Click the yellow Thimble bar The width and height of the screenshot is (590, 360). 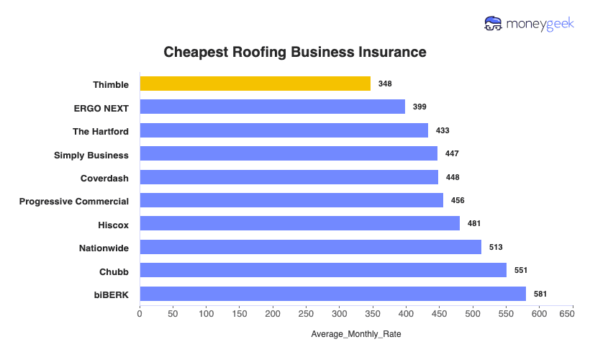pyautogui.click(x=255, y=84)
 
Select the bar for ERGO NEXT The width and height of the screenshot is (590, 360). pyautogui.click(x=272, y=107)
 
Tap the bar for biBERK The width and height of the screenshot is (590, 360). pyautogui.click(x=332, y=294)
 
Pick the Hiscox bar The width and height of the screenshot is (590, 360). pyautogui.click(x=299, y=224)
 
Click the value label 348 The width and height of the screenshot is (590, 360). pyautogui.click(x=385, y=84)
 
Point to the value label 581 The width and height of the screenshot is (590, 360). pyautogui.click(x=540, y=294)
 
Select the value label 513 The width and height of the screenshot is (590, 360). pyautogui.click(x=495, y=248)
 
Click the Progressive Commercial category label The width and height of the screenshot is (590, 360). pyautogui.click(x=74, y=201)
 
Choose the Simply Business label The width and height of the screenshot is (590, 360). pyautogui.click(x=91, y=155)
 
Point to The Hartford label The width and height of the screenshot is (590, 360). pyautogui.click(x=101, y=131)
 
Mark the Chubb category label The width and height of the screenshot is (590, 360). pyautogui.click(x=114, y=271)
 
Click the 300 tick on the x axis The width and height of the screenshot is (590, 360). pyautogui.click(x=340, y=314)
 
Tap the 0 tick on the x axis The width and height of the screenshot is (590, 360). pyautogui.click(x=140, y=314)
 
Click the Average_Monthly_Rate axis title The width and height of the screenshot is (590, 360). pyautogui.click(x=356, y=335)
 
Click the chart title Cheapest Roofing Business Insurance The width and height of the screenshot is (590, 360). pyautogui.click(x=295, y=53)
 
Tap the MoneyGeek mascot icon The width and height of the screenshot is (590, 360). pyautogui.click(x=493, y=24)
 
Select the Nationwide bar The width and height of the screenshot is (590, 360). pyautogui.click(x=310, y=247)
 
